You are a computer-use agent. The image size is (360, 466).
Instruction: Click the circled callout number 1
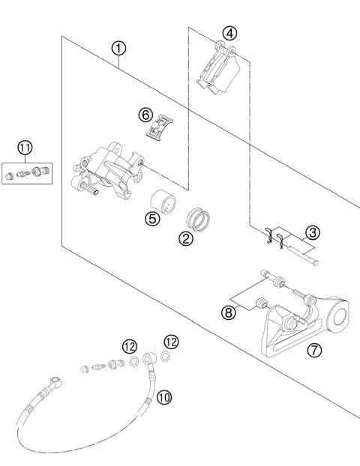pyautogui.click(x=118, y=48)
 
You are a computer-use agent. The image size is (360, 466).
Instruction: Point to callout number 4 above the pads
pyautogui.click(x=229, y=33)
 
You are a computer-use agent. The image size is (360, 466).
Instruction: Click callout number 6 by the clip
pyautogui.click(x=145, y=115)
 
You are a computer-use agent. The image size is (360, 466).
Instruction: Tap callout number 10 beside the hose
pyautogui.click(x=164, y=397)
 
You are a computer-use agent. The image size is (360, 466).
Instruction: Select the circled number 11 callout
pyautogui.click(x=25, y=148)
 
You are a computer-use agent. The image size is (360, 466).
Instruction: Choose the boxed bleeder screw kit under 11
pyautogui.click(x=27, y=174)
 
